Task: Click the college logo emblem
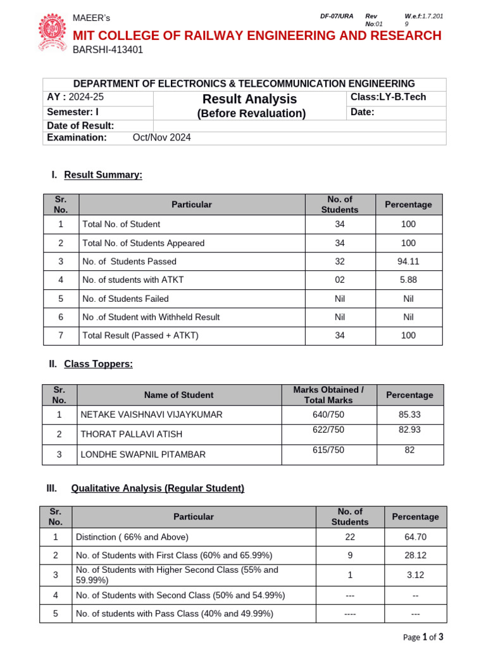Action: point(53,33)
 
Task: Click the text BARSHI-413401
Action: point(108,51)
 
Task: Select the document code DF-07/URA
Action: point(337,16)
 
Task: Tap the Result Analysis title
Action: point(249,99)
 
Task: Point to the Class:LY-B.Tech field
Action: point(388,97)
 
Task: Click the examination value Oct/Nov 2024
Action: point(161,137)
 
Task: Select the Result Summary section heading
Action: point(103,175)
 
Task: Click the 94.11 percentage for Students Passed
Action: point(408,261)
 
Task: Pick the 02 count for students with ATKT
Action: point(340,280)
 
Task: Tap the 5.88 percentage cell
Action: point(408,280)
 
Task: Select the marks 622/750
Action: point(328,430)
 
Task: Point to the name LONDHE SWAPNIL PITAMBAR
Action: point(142,454)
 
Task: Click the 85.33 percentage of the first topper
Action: point(409,415)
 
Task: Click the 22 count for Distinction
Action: point(350,537)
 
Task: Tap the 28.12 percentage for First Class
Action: point(415,555)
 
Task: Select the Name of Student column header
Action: point(178,395)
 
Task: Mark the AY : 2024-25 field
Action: point(75,97)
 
